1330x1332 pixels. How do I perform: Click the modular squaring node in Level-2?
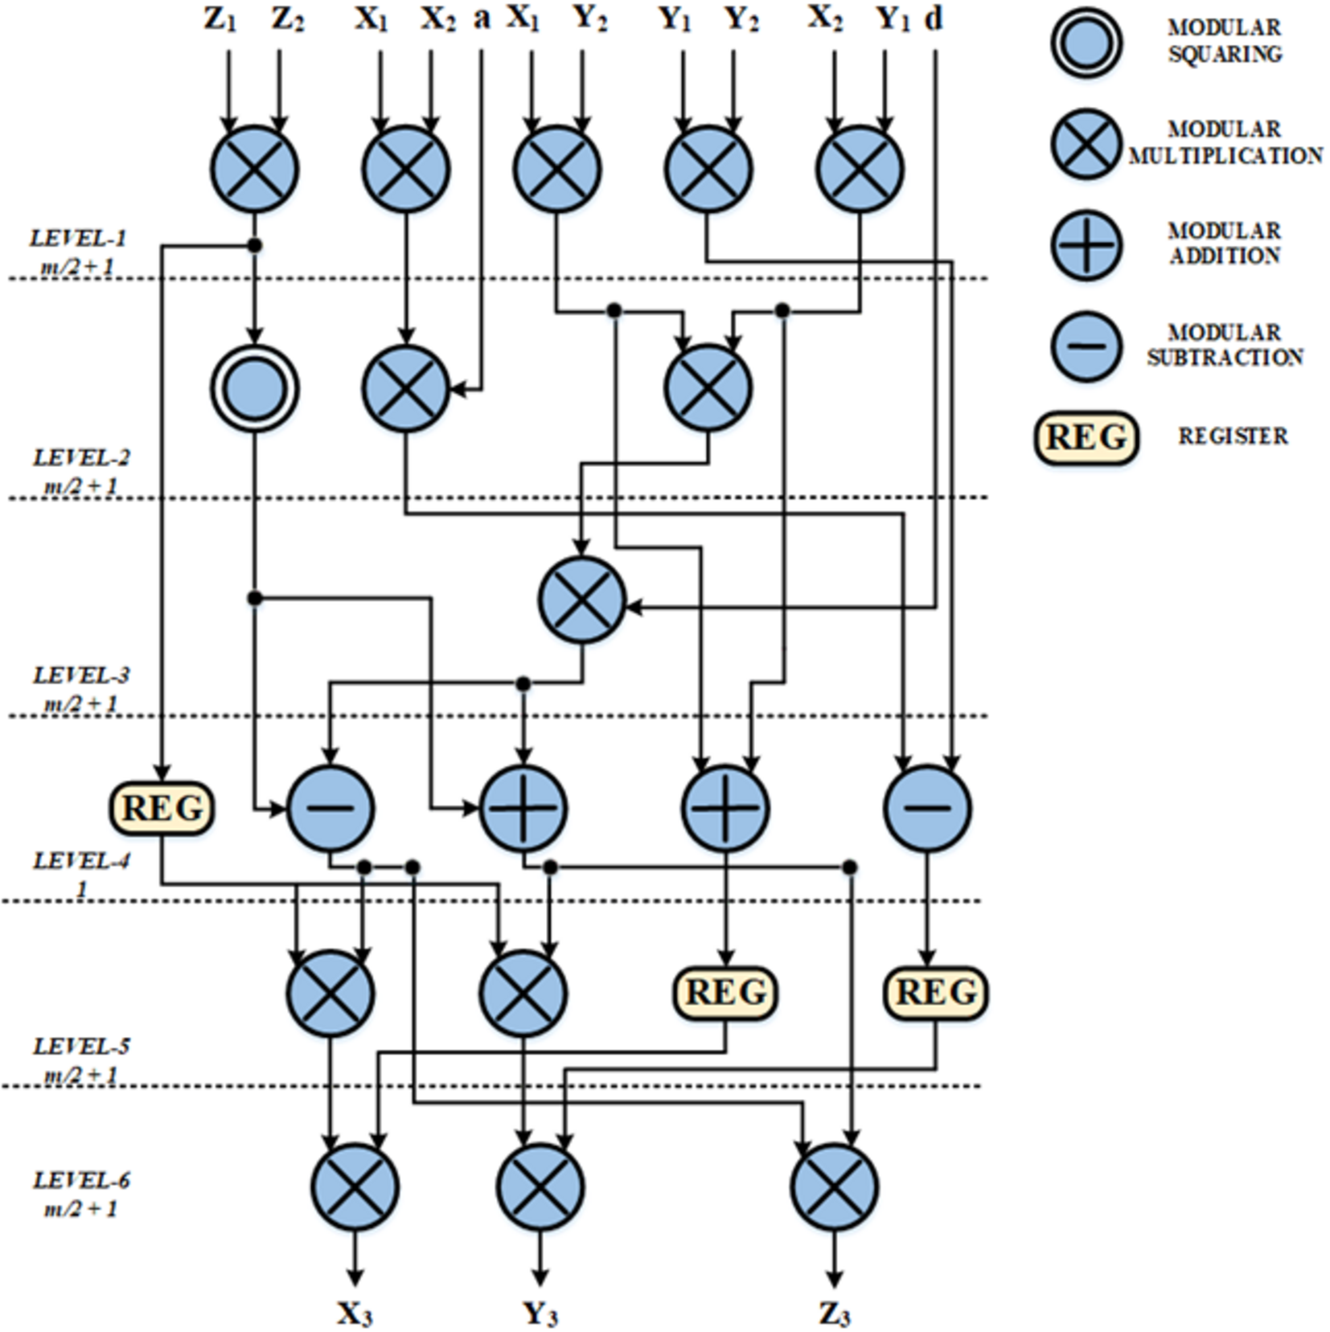pyautogui.click(x=255, y=389)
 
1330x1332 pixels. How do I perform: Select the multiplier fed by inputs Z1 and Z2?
pyautogui.click(x=255, y=169)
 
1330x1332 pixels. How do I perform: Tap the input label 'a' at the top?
pyautogui.click(x=481, y=18)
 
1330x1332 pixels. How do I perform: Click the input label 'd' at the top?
pyautogui.click(x=933, y=18)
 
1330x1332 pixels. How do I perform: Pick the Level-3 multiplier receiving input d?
pyautogui.click(x=581, y=600)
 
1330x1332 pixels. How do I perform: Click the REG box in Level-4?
pyautogui.click(x=162, y=808)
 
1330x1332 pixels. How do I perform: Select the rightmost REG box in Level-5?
pyautogui.click(x=936, y=993)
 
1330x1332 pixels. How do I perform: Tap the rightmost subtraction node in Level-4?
pyautogui.click(x=927, y=808)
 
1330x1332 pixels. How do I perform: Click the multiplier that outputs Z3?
pyautogui.click(x=834, y=1187)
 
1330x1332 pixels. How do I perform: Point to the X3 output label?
pyautogui.click(x=355, y=1314)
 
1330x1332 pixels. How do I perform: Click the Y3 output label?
pyautogui.click(x=540, y=1314)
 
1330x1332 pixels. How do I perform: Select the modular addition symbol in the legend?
pyautogui.click(x=1086, y=245)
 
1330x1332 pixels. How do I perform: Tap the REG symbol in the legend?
pyautogui.click(x=1086, y=438)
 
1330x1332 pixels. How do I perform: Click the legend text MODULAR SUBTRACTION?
pyautogui.click(x=1224, y=345)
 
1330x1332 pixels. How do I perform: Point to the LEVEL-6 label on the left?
pyautogui.click(x=81, y=1180)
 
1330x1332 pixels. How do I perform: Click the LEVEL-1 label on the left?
pyautogui.click(x=78, y=239)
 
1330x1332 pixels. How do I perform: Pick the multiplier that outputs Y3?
pyautogui.click(x=540, y=1187)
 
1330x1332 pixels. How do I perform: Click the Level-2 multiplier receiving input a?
pyautogui.click(x=406, y=389)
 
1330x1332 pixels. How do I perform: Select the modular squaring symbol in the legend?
pyautogui.click(x=1086, y=42)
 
